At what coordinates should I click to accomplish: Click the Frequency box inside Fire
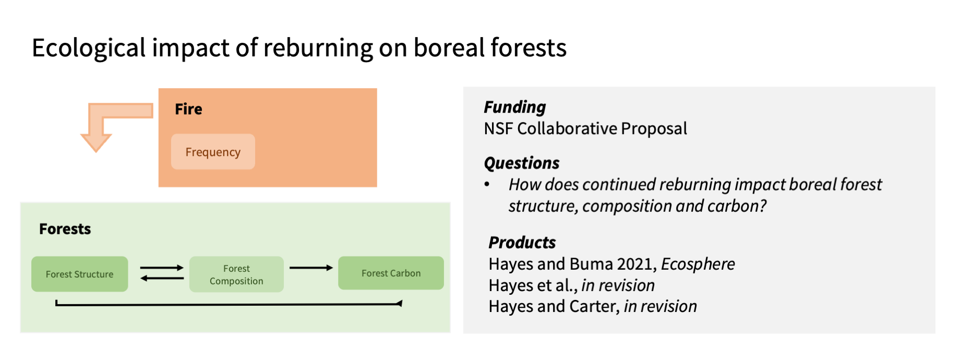(x=213, y=152)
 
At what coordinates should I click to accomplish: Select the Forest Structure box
(x=79, y=274)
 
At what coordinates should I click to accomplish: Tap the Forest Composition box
(x=236, y=274)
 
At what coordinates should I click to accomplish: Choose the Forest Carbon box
(x=391, y=273)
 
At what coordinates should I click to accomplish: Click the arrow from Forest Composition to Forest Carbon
(x=311, y=268)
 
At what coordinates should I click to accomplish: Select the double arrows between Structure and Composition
(x=162, y=273)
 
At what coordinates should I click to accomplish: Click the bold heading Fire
(x=188, y=109)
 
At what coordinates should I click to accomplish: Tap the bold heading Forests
(x=65, y=229)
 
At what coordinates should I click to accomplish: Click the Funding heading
(x=515, y=107)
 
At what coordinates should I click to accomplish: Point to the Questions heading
(x=522, y=163)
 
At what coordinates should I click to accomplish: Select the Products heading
(x=522, y=243)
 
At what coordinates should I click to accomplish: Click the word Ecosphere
(x=698, y=264)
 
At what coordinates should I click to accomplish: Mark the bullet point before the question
(x=487, y=184)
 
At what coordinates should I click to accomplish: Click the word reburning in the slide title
(x=318, y=48)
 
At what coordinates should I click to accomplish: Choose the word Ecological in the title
(x=89, y=48)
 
